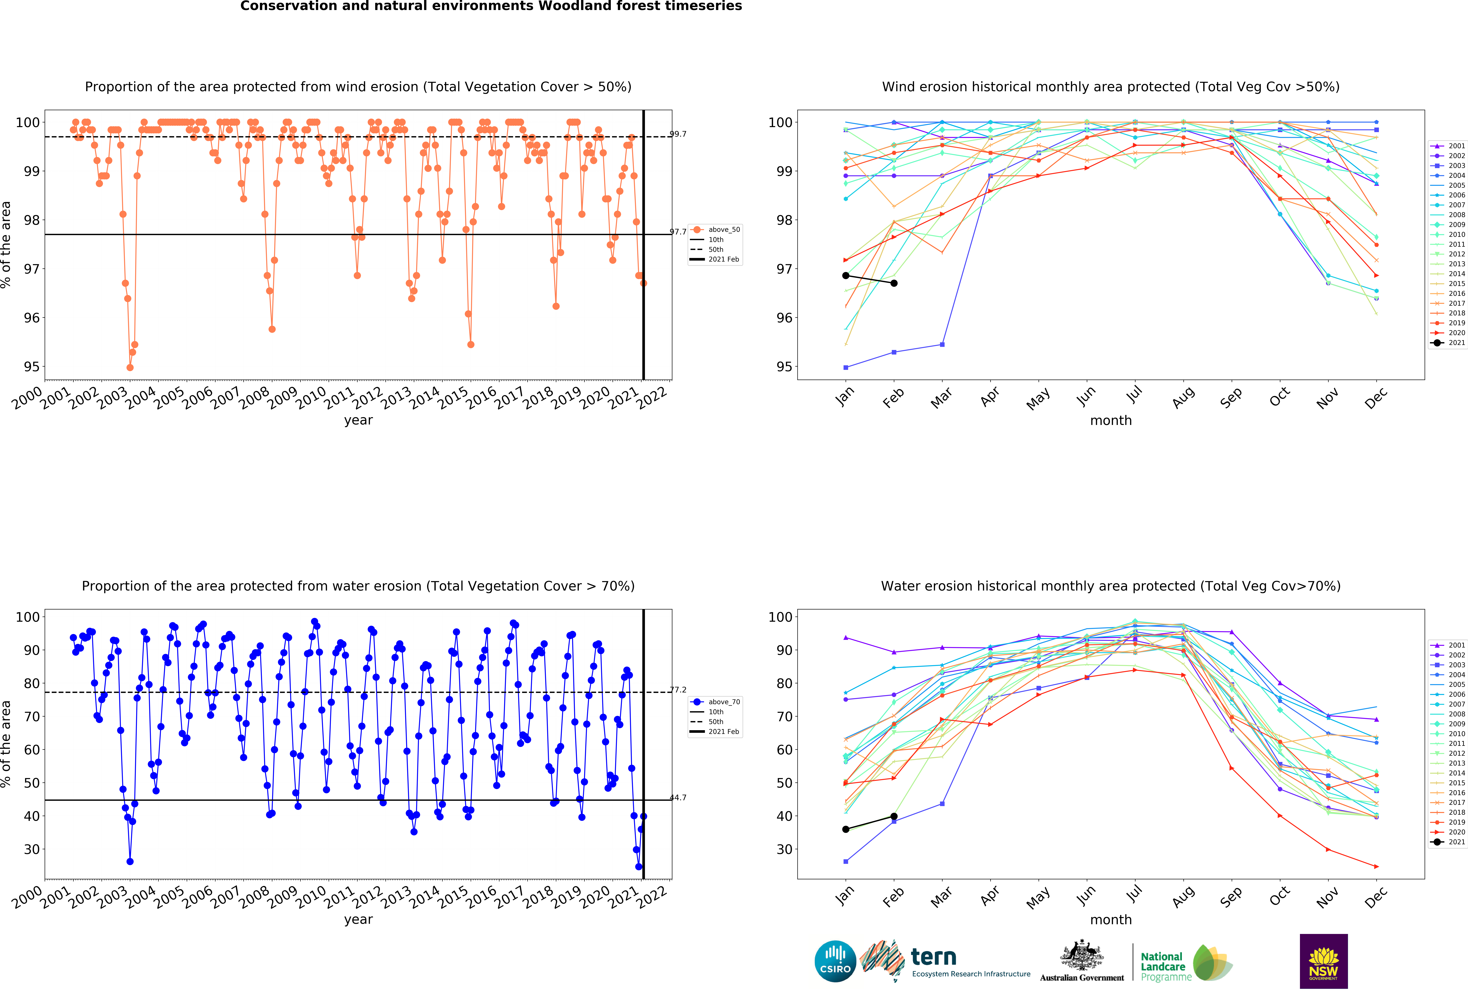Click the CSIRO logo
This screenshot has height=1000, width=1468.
point(835,961)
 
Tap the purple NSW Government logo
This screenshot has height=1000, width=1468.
point(1323,961)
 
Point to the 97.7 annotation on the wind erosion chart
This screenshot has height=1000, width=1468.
point(678,232)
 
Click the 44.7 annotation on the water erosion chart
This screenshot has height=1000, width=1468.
point(678,797)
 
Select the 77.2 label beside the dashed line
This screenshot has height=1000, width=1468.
point(678,689)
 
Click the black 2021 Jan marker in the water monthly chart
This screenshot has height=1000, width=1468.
point(846,829)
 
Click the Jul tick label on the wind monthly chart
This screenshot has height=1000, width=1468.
point(1135,395)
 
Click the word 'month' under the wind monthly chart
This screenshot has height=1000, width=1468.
point(1110,420)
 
